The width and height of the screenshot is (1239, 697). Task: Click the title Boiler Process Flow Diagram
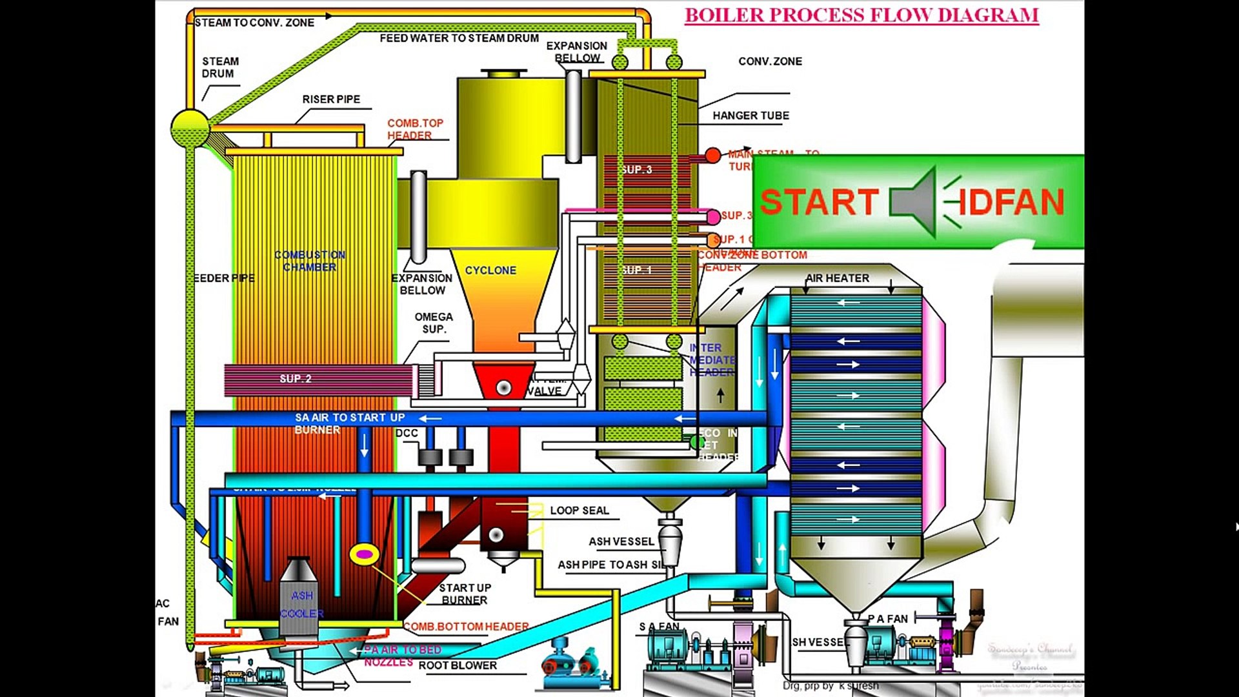pos(861,15)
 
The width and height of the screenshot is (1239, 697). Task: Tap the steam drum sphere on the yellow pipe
pos(190,128)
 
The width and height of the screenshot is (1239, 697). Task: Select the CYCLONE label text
pos(490,270)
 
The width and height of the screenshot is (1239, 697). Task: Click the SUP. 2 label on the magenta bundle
pos(296,379)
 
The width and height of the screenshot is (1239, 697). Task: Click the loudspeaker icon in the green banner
pos(913,201)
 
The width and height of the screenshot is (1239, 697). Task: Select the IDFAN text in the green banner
pos(1010,202)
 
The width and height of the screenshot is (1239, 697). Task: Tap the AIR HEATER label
pos(837,278)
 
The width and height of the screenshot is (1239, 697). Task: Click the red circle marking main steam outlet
pos(712,156)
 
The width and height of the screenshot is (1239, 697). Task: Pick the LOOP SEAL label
pos(579,510)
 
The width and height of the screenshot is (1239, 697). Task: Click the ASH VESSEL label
pos(621,541)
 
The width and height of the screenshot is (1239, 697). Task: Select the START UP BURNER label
pos(465,594)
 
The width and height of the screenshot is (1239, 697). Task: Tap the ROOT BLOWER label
pos(458,665)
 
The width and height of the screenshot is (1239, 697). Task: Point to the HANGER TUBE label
pos(750,116)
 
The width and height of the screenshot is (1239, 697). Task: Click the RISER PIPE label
pos(331,99)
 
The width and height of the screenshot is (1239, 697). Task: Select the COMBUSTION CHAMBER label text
pos(310,261)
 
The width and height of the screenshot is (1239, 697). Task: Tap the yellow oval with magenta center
pos(364,554)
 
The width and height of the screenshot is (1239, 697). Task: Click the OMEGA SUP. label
pos(434,323)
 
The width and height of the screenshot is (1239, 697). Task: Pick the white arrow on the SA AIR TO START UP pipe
pos(430,419)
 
